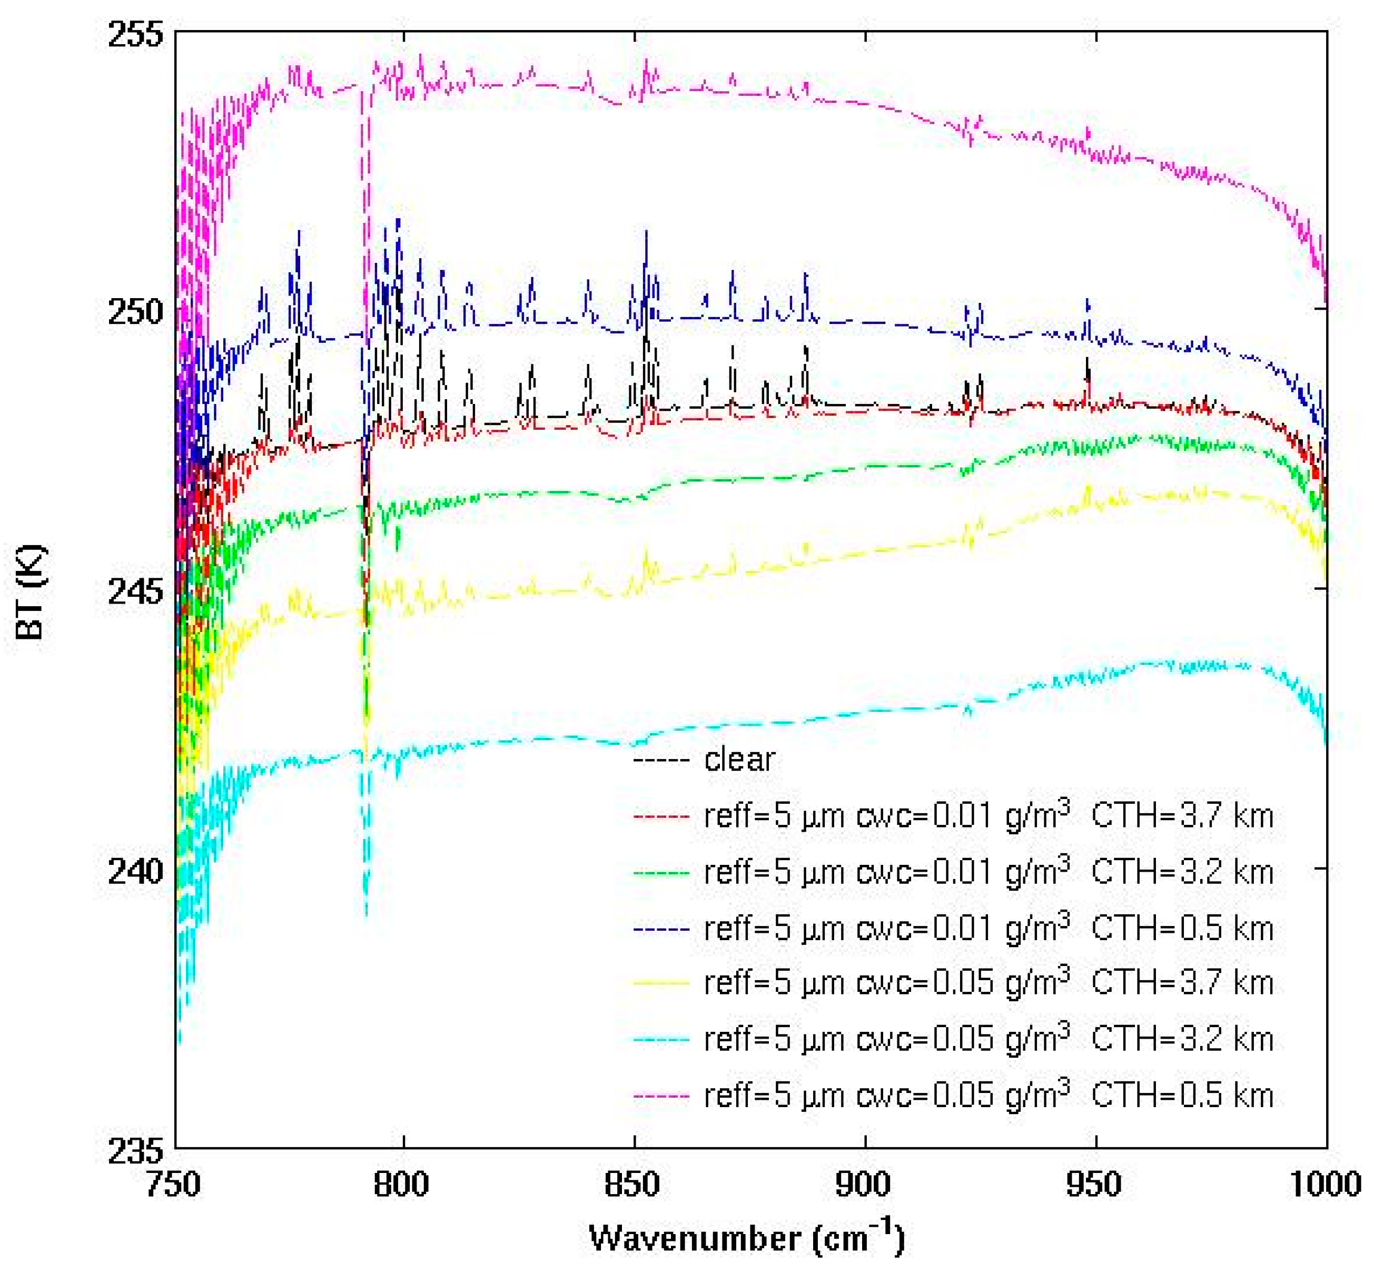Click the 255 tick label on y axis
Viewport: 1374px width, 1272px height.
(x=136, y=34)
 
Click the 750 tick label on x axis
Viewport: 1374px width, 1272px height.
(x=173, y=1185)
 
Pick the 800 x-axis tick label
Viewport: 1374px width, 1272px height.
(x=401, y=1185)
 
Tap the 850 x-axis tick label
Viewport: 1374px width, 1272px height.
(x=632, y=1185)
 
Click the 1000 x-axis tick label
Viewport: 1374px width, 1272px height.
(x=1324, y=1185)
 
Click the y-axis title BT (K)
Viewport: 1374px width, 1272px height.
(x=31, y=592)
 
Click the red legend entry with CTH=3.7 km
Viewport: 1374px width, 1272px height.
(x=988, y=816)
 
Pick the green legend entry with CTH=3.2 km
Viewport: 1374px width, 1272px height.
(x=988, y=873)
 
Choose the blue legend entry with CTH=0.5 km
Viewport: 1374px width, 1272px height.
(x=988, y=929)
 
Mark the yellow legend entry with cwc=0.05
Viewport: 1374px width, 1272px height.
(x=988, y=983)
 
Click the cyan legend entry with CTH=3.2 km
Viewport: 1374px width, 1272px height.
(x=988, y=1039)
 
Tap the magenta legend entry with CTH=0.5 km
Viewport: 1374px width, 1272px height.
(x=988, y=1095)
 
